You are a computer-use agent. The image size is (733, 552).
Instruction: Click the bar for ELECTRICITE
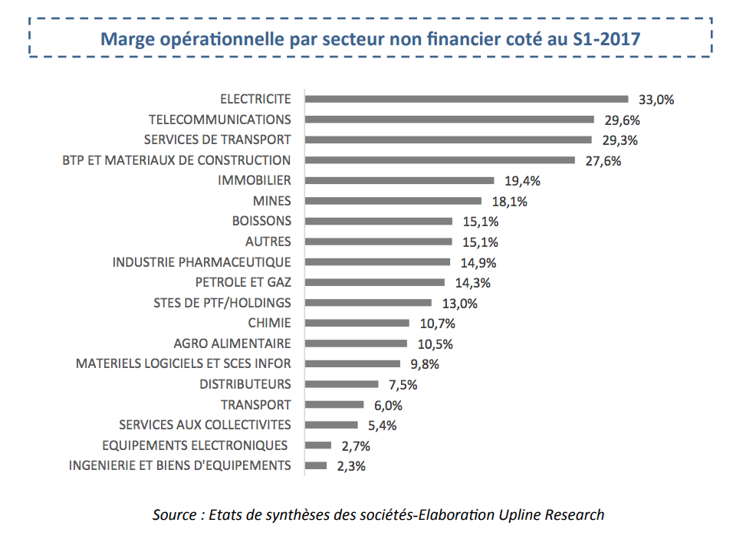(466, 99)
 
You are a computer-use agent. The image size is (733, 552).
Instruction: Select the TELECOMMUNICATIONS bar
(449, 120)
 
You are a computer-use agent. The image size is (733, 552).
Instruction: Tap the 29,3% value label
(620, 140)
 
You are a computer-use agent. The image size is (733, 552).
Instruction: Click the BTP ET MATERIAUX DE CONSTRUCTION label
(176, 160)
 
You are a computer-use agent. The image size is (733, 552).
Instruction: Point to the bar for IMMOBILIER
(399, 181)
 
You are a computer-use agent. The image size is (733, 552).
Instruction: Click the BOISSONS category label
(261, 221)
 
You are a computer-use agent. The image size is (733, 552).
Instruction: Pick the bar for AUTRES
(378, 242)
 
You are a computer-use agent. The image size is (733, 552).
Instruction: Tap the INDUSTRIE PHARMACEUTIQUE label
(202, 262)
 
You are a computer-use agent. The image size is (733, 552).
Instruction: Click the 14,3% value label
(473, 283)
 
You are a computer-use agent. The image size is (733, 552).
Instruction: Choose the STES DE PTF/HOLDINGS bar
(368, 303)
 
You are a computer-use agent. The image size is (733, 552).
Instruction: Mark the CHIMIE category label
(269, 323)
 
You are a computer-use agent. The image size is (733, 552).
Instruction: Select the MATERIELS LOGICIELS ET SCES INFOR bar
(353, 363)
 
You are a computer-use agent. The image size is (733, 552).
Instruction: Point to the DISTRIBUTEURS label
(245, 384)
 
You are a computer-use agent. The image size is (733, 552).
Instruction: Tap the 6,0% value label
(387, 405)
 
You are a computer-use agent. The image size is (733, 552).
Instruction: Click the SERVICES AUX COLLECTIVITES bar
(331, 425)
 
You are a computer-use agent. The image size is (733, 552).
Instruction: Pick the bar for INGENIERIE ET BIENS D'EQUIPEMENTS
(316, 465)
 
